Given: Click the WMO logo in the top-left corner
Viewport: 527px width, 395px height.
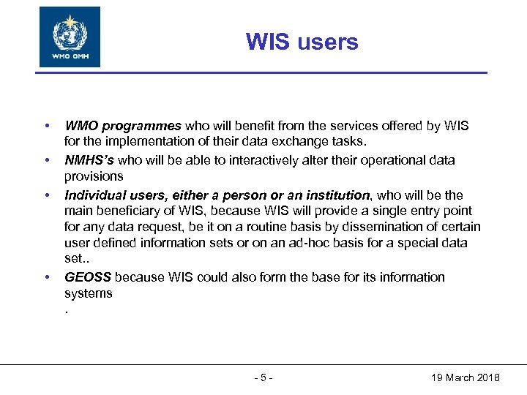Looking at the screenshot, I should point(70,37).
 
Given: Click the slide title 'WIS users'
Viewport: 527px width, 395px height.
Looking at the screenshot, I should point(302,42).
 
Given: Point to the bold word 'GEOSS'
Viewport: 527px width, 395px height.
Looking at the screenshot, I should point(88,277).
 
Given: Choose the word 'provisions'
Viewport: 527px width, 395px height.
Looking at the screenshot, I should point(94,176).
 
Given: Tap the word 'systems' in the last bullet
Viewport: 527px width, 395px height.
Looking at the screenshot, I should point(89,293).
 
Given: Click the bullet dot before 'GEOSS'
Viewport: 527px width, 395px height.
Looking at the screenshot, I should point(48,277).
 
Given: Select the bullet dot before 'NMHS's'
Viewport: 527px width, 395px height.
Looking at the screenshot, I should point(48,160).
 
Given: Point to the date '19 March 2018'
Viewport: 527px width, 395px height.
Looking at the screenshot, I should point(465,377).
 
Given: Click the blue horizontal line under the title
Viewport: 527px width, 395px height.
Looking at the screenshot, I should point(263,72).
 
